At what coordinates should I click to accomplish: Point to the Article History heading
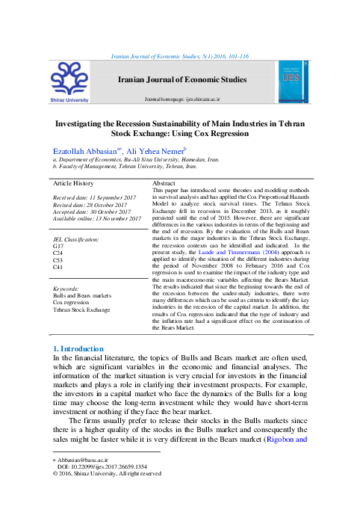pos(72,183)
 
